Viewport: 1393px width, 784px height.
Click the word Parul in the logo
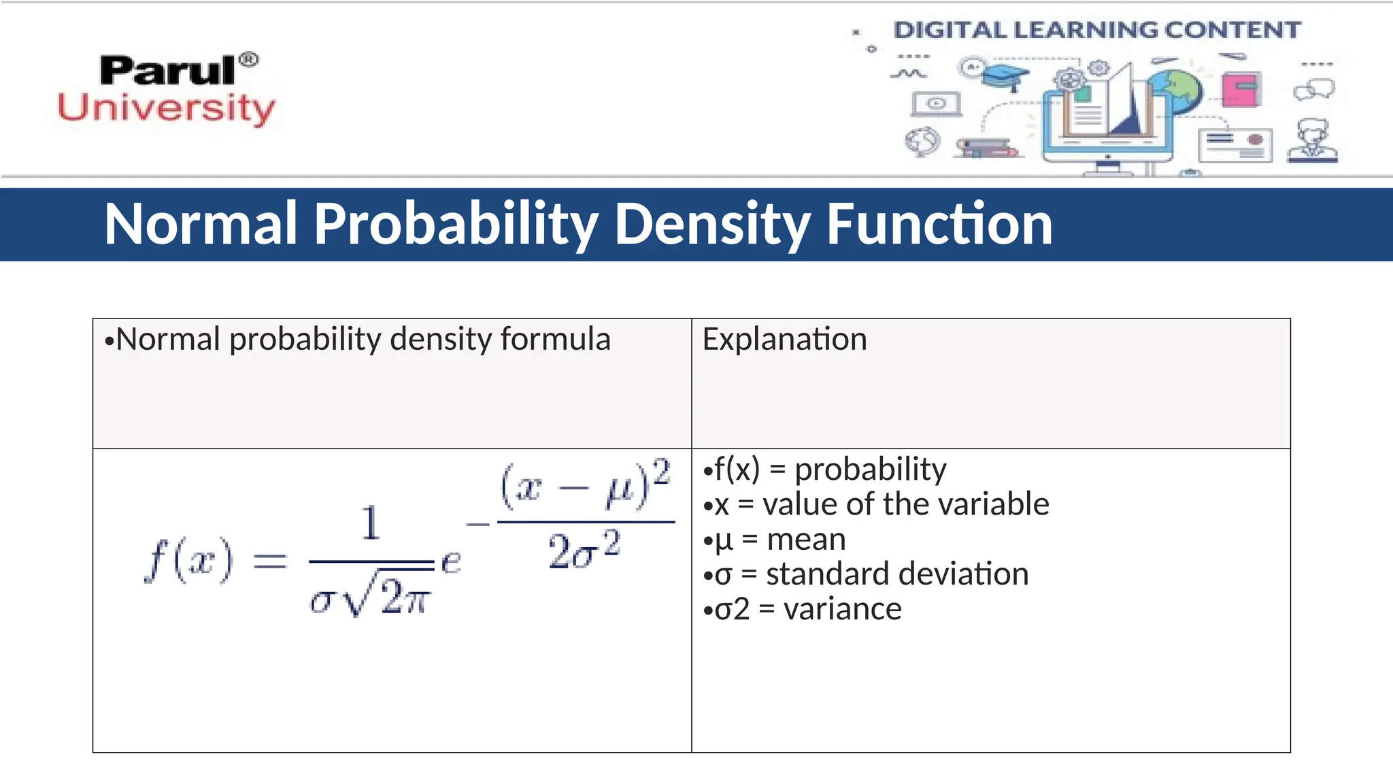tap(167, 71)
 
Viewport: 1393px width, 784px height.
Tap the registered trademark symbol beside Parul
tap(249, 60)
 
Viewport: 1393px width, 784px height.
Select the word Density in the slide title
tap(712, 225)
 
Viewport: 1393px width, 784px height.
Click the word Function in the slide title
tap(939, 225)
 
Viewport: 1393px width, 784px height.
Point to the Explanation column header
tap(784, 339)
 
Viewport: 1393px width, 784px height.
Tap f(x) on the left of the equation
tap(188, 560)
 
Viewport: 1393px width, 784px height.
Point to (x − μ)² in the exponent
tap(585, 485)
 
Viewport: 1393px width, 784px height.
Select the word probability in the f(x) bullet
tap(870, 470)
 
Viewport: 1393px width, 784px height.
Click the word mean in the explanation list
tap(806, 540)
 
